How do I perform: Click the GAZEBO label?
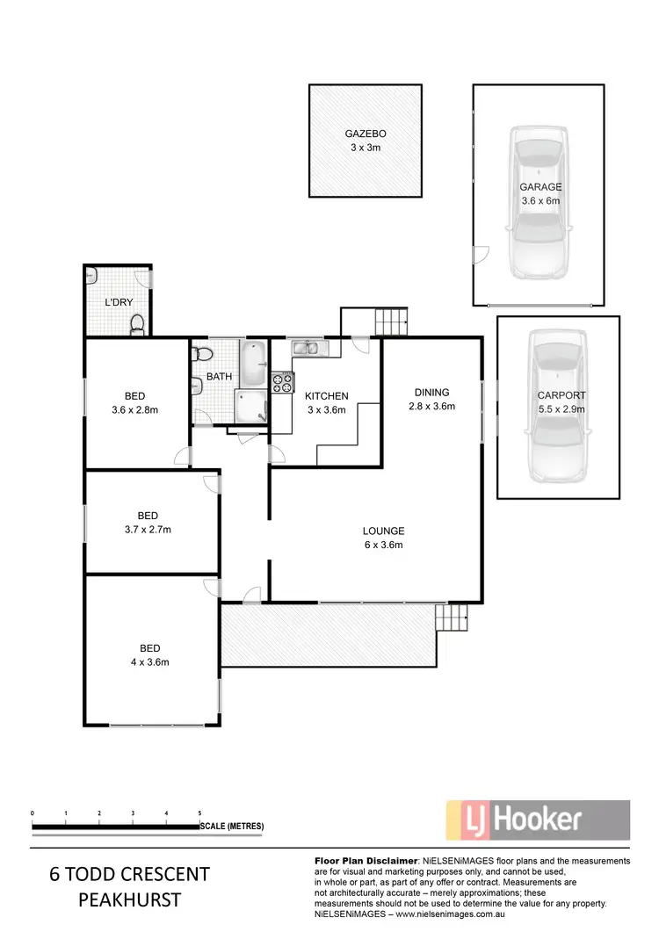[x=365, y=134]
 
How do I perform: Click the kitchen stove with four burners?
[x=282, y=382]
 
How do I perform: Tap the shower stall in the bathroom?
[x=250, y=406]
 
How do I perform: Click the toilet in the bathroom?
[x=202, y=355]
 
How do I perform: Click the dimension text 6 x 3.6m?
[x=383, y=545]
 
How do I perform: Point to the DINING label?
[x=430, y=393]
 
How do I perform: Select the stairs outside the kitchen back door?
[x=391, y=322]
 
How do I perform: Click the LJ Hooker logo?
[x=538, y=820]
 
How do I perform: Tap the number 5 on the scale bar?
[x=200, y=813]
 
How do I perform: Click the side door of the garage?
[x=479, y=255]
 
